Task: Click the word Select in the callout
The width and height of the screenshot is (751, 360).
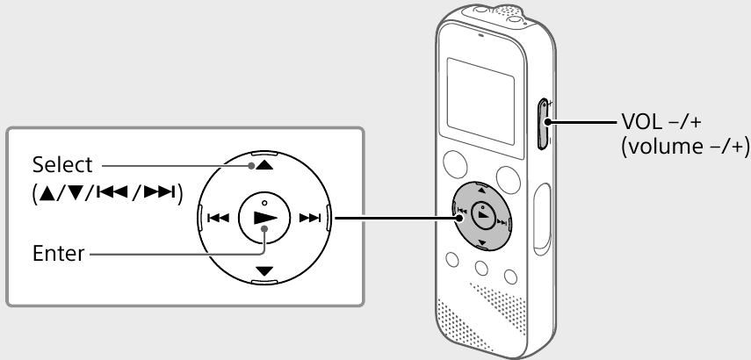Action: click(62, 165)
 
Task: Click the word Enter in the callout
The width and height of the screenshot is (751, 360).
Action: click(59, 253)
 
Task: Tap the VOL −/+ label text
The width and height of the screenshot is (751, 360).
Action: click(661, 121)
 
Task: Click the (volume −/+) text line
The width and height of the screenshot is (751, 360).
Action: click(686, 146)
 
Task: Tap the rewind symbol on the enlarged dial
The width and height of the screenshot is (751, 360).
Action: click(218, 218)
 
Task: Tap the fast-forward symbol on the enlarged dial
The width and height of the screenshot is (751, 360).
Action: click(310, 218)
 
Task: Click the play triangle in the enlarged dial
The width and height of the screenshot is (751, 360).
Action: click(265, 218)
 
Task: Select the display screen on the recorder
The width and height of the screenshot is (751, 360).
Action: click(480, 101)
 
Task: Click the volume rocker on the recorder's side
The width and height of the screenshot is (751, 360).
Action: click(543, 124)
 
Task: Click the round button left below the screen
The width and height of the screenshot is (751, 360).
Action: click(455, 164)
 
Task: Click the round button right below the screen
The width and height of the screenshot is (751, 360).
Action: click(509, 179)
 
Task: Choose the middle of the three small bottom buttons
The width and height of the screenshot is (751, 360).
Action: click(481, 268)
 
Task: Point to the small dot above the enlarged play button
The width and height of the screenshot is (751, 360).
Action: click(264, 203)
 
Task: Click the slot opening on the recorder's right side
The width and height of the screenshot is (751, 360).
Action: click(542, 216)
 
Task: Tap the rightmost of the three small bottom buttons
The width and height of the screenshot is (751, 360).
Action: click(510, 277)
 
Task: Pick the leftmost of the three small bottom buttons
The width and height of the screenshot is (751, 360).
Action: click(452, 260)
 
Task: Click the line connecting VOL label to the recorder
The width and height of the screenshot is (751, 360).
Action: click(582, 122)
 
